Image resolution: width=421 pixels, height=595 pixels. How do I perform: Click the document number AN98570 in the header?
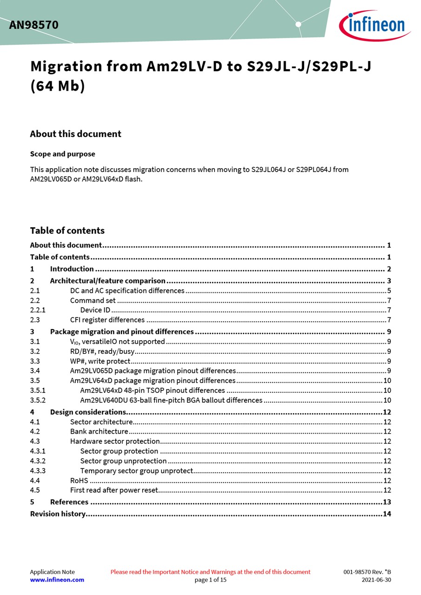(x=33, y=25)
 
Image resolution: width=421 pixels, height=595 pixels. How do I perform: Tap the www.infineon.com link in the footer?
(x=57, y=580)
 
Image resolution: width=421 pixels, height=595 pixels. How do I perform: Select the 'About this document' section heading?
(x=75, y=134)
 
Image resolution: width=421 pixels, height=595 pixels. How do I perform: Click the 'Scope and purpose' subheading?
(x=62, y=154)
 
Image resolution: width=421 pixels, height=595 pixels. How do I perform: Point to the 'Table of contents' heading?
(x=67, y=231)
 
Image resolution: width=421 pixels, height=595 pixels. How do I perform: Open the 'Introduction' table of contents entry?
(x=72, y=269)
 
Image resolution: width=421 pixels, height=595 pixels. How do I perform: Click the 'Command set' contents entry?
(x=93, y=300)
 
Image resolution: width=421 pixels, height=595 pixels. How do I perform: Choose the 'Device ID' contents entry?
(x=95, y=310)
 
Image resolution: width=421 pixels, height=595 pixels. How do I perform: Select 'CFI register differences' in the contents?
(x=107, y=320)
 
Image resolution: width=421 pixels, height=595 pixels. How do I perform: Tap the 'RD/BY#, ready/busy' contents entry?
(x=102, y=351)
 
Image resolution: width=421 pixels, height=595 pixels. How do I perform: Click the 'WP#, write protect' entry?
(x=100, y=361)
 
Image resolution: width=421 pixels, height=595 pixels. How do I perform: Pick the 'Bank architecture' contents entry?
(x=99, y=432)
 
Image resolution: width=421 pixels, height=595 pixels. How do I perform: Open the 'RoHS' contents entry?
(x=79, y=481)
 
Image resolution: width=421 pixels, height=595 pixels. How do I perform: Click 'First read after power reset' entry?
(x=114, y=490)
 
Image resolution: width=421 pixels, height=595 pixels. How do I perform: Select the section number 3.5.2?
(x=38, y=400)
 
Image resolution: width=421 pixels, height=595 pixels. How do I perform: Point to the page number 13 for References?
(x=387, y=502)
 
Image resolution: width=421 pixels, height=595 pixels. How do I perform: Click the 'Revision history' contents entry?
(x=58, y=514)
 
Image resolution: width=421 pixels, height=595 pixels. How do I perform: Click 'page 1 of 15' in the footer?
(x=210, y=580)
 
